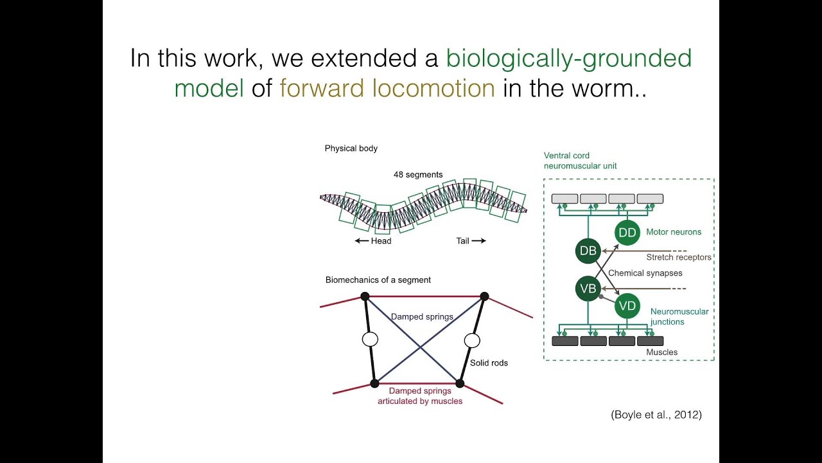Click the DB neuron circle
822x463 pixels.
588,251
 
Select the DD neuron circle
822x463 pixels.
627,232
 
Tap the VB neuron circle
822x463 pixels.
588,289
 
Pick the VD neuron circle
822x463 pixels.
627,306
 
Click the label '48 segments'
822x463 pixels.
418,174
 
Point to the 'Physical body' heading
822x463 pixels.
351,149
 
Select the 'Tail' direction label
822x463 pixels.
463,241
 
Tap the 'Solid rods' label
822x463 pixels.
489,363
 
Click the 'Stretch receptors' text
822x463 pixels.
679,257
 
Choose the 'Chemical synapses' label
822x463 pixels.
645,273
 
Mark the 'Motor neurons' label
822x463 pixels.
674,232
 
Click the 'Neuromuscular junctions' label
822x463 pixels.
679,316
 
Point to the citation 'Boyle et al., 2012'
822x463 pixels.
656,415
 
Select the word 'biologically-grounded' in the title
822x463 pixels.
569,58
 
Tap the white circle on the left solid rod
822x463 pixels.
370,340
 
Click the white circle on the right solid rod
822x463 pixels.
472,340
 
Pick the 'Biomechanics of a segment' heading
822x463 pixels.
378,280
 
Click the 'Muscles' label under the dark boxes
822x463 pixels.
661,352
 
